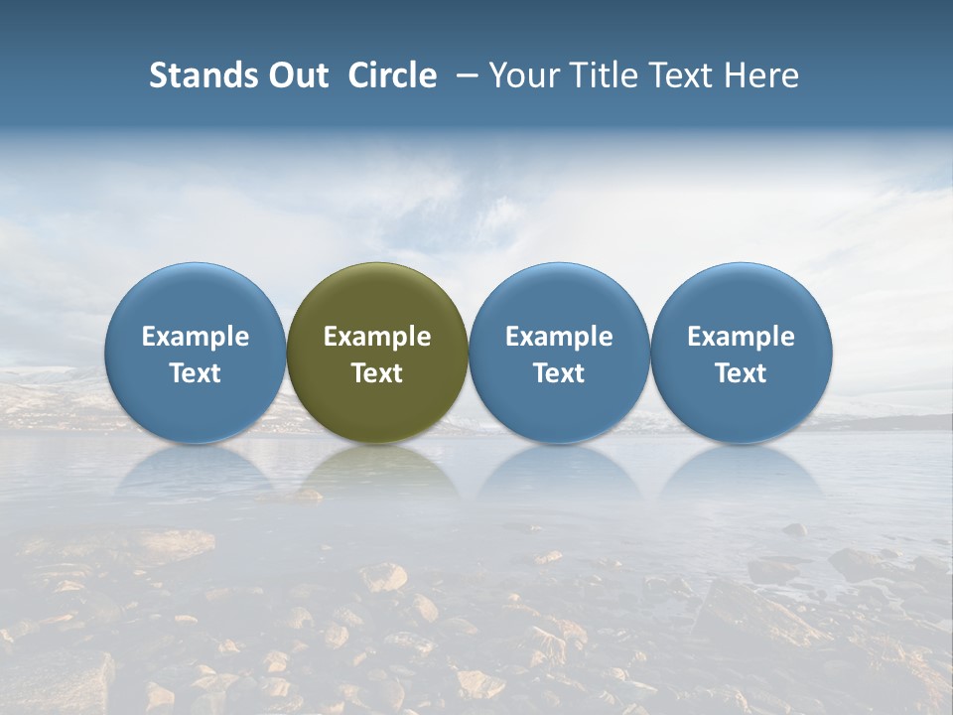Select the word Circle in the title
coord(392,75)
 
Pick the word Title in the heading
coord(605,75)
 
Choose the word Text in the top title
coord(685,75)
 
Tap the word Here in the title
coord(763,75)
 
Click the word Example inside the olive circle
coord(377,337)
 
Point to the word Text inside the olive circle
coord(377,373)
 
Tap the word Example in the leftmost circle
coord(196,337)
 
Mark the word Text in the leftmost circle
coord(196,373)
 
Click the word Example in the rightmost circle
coord(742,337)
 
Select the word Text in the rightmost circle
coord(742,373)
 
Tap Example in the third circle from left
coord(559,337)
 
